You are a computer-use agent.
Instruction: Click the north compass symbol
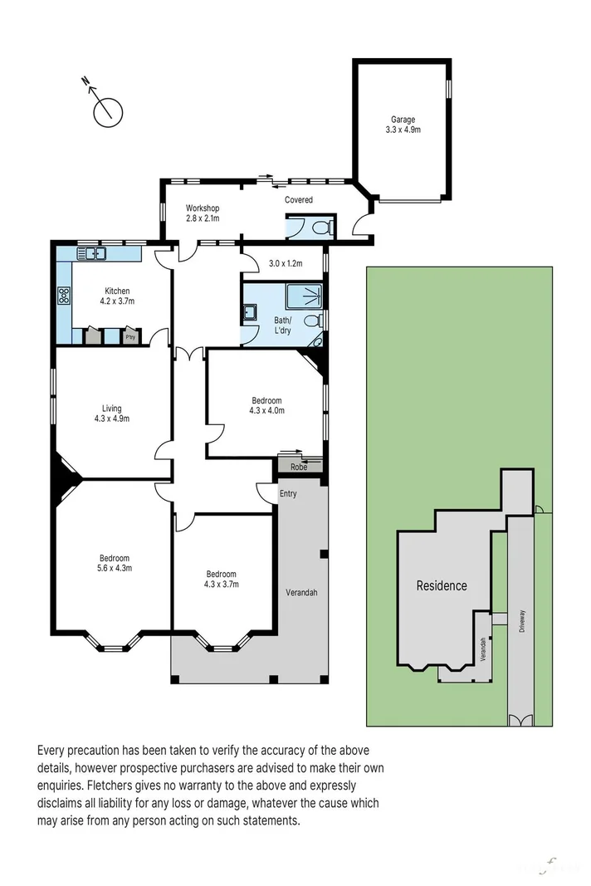107,110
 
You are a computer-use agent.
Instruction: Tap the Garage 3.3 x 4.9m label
403,125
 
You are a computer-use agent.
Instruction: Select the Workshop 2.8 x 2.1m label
202,213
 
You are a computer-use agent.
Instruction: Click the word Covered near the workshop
299,200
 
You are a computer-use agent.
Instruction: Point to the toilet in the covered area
324,228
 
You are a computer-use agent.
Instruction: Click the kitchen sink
91,252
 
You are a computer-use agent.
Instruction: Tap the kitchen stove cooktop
64,295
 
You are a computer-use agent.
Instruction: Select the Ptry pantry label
130,337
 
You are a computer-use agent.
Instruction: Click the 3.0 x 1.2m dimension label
285,264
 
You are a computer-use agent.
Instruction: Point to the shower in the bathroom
305,295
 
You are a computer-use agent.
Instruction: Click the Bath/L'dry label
282,326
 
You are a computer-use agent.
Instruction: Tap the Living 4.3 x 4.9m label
111,414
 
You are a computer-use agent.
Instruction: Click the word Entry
288,494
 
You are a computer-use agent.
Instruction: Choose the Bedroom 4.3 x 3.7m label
222,579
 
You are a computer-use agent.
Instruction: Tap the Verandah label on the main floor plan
302,592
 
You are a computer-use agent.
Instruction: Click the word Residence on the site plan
441,585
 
